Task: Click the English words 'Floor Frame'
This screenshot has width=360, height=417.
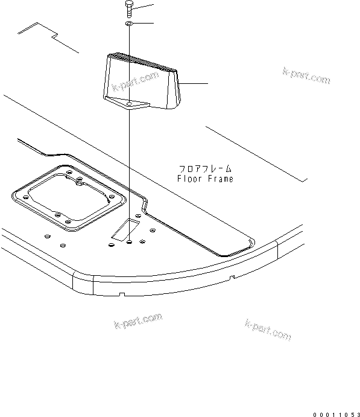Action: click(205, 179)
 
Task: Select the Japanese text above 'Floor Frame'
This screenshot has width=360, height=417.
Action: click(205, 170)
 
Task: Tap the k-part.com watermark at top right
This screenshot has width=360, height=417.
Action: click(306, 77)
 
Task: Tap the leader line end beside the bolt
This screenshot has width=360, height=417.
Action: click(154, 5)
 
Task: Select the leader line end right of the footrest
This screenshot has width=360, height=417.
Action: click(207, 83)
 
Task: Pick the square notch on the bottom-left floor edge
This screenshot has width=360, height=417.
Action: click(121, 294)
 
